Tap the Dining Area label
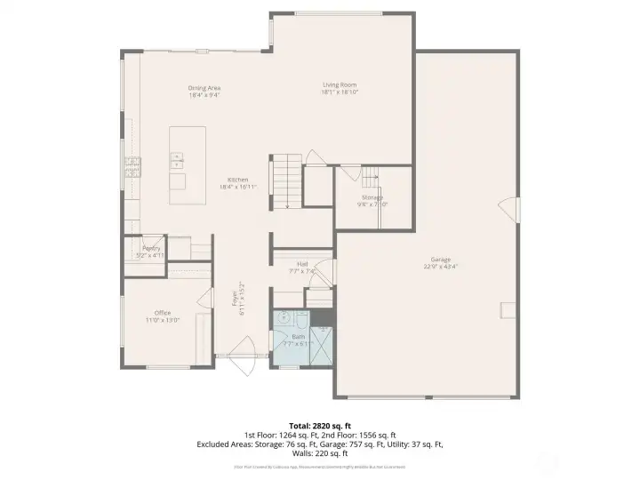click(x=204, y=88)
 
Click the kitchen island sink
click(x=177, y=160)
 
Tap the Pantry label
click(x=151, y=248)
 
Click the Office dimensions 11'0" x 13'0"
click(x=163, y=320)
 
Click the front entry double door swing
click(x=241, y=354)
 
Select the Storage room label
click(x=372, y=196)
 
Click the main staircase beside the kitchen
click(x=286, y=181)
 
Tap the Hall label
click(x=302, y=263)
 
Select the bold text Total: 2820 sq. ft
click(x=320, y=426)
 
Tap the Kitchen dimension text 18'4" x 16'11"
click(x=238, y=187)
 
